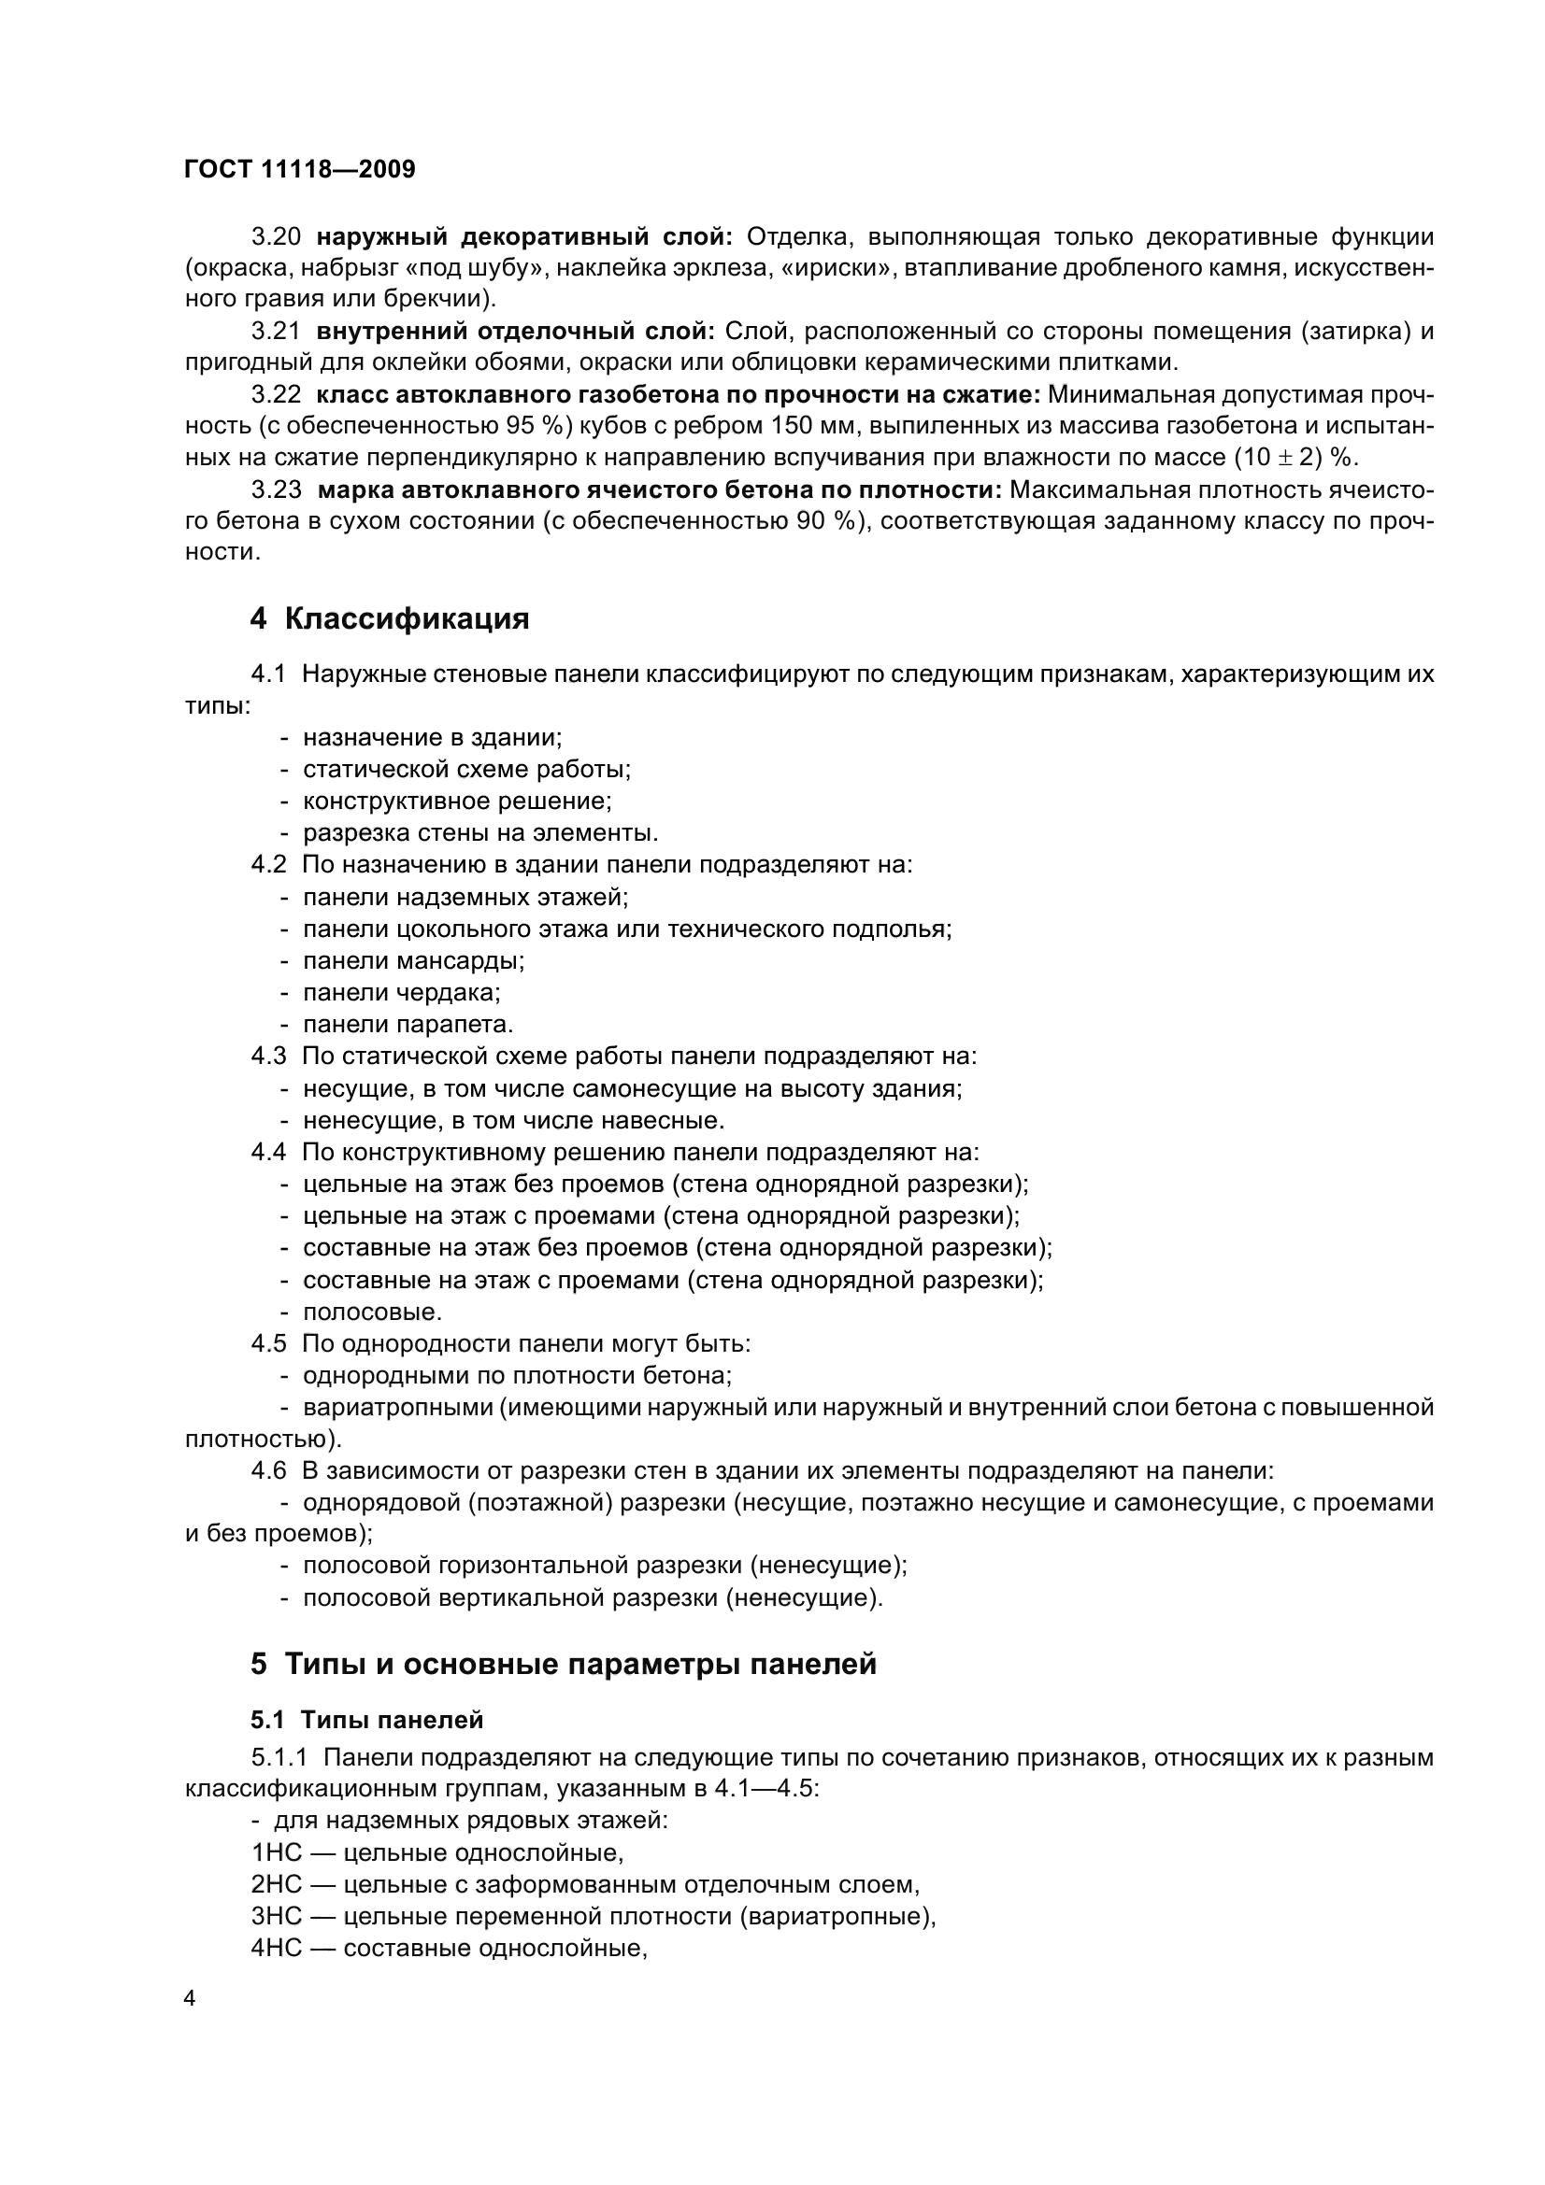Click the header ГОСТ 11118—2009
299,170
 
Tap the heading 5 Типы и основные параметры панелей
563,1665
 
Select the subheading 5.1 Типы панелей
366,1720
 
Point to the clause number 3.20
276,236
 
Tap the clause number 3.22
276,395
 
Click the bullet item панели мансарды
413,961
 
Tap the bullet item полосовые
372,1312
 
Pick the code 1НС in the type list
275,1852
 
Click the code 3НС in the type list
275,1917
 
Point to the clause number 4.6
268,1471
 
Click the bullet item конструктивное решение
456,802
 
